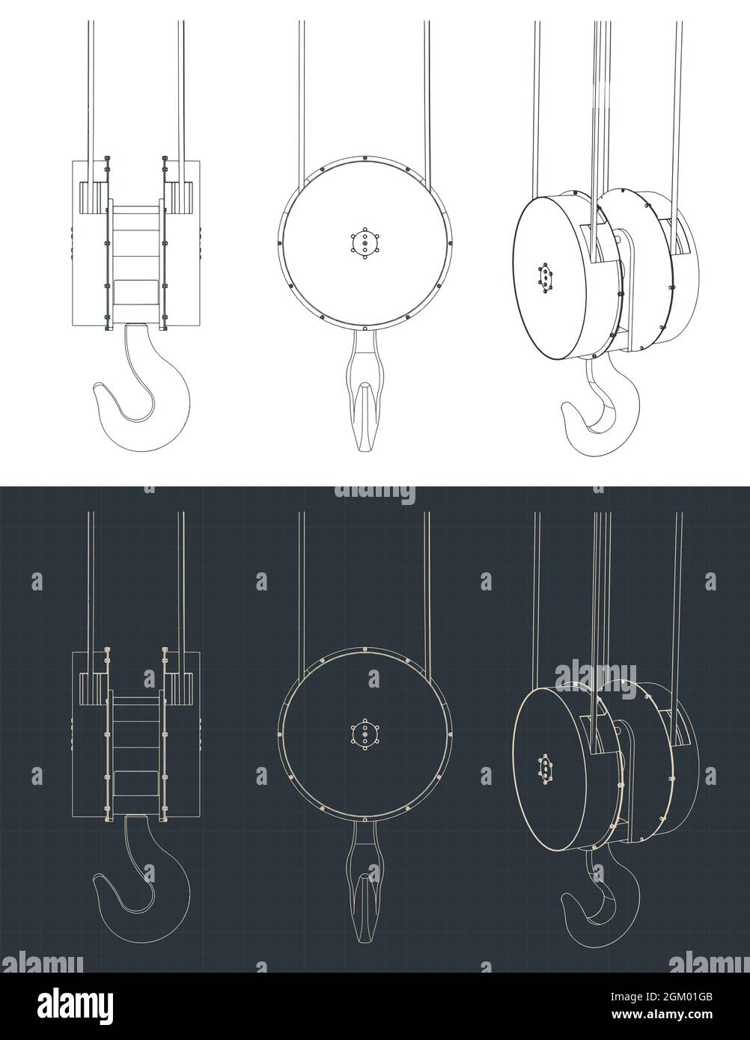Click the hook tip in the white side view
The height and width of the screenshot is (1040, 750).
coord(100,390)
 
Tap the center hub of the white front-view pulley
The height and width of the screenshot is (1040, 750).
coord(365,243)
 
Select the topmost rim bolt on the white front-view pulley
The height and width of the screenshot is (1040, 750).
coord(365,158)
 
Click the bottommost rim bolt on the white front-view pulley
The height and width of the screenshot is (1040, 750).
coord(365,328)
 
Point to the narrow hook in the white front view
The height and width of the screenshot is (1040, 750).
coord(365,404)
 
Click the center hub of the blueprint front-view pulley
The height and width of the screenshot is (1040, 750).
coord(365,735)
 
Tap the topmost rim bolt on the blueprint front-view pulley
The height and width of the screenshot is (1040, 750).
coord(365,649)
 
